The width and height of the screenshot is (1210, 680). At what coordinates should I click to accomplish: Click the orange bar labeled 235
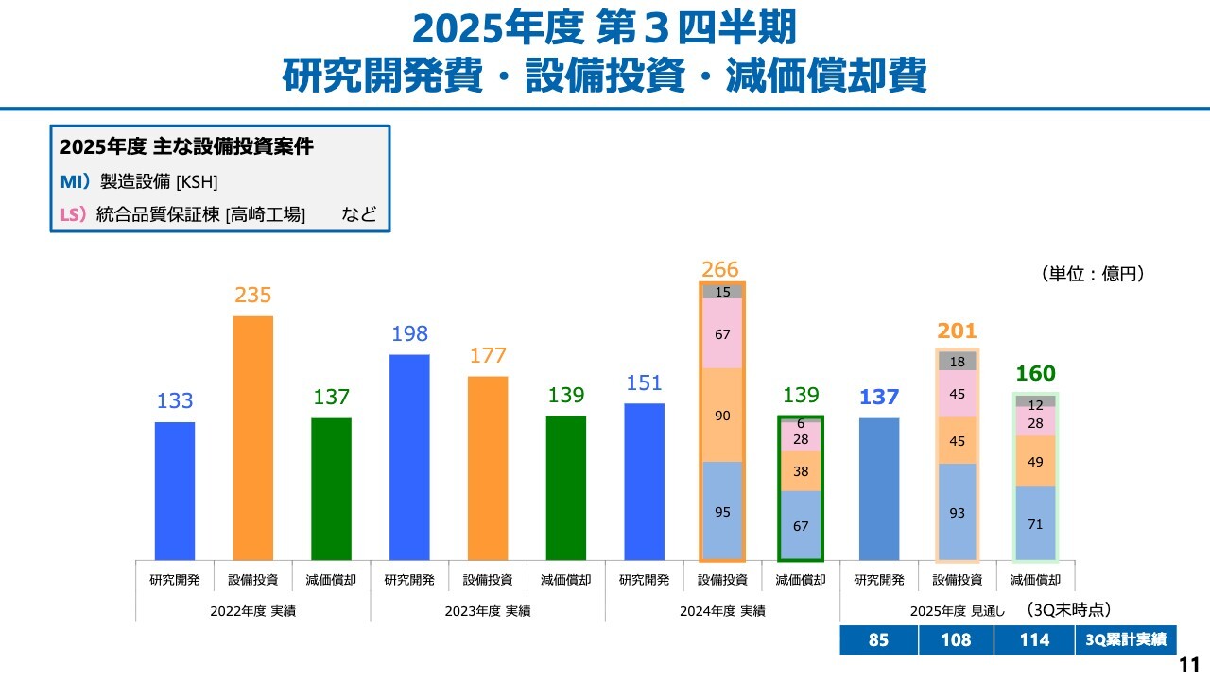click(x=252, y=437)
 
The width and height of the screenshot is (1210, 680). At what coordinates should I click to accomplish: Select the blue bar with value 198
click(x=409, y=457)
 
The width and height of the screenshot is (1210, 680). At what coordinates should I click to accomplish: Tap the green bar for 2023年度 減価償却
click(x=565, y=487)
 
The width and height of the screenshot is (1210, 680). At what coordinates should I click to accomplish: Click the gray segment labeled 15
click(x=722, y=292)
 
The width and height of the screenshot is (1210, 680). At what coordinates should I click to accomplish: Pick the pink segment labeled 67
click(x=722, y=334)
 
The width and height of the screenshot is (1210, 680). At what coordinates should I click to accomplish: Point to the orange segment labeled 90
click(x=722, y=416)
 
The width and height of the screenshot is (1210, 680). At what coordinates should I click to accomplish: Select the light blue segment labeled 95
click(x=722, y=511)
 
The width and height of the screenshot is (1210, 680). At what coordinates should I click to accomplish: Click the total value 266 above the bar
click(x=720, y=269)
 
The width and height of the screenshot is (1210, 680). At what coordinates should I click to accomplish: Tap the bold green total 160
click(x=1035, y=374)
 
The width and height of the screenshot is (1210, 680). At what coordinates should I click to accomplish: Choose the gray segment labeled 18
click(x=957, y=362)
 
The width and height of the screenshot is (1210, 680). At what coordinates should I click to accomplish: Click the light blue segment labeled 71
click(x=1035, y=523)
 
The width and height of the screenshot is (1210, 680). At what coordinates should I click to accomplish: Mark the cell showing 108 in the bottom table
click(x=956, y=639)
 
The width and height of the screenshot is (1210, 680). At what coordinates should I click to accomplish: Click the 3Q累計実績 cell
click(x=1125, y=639)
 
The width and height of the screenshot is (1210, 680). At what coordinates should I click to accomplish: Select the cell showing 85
click(x=878, y=639)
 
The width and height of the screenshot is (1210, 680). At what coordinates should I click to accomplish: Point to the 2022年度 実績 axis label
click(x=252, y=611)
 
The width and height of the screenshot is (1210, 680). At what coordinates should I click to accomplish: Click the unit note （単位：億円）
click(x=1094, y=274)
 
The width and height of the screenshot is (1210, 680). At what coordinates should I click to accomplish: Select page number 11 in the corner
click(x=1189, y=664)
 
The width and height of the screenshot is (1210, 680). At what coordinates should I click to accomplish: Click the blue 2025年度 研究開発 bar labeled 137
click(x=879, y=488)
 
